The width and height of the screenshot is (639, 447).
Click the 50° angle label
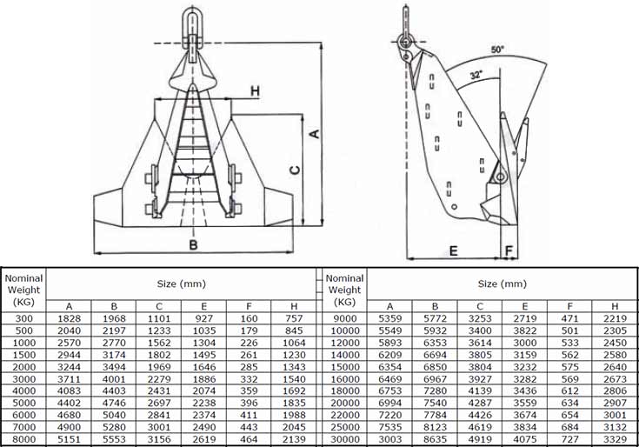click(497, 50)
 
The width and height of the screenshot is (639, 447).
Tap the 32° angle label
click(476, 75)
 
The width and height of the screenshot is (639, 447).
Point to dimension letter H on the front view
click(255, 90)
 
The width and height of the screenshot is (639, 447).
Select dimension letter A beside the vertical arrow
click(315, 133)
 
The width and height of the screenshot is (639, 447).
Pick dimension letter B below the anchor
click(193, 245)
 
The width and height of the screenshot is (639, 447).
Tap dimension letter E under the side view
click(453, 250)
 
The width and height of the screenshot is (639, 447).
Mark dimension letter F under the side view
click(509, 250)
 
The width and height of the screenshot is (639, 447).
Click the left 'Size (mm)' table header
click(182, 284)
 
